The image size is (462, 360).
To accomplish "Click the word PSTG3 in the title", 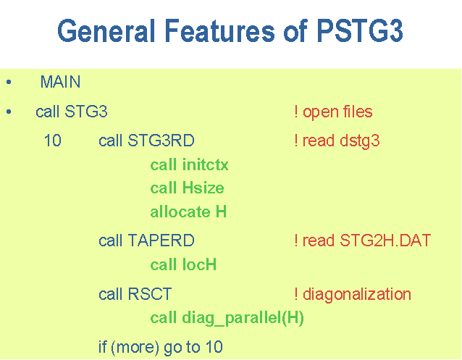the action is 360,30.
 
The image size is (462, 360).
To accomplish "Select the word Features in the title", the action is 219,30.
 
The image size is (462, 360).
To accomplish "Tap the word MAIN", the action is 60,82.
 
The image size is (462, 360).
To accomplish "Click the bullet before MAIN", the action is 9,82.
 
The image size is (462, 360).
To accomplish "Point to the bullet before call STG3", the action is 9,112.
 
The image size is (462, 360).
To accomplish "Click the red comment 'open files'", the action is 337,112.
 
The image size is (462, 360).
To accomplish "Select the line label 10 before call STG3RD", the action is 52,141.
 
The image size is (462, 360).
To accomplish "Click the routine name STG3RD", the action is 161,141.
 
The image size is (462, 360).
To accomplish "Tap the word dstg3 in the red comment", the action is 360,141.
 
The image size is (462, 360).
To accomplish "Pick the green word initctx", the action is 206,164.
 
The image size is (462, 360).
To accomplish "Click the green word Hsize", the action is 203,188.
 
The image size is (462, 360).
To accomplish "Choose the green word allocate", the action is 180,212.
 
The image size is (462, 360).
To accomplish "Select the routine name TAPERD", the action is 161,240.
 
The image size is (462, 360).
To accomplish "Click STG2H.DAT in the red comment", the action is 385,240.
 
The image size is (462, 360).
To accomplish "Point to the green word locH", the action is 199,264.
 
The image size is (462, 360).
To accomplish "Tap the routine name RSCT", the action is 150,294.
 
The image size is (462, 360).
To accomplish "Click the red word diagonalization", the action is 357,295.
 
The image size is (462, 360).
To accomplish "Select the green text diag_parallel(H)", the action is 243,318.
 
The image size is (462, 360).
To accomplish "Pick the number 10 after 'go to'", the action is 214,347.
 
